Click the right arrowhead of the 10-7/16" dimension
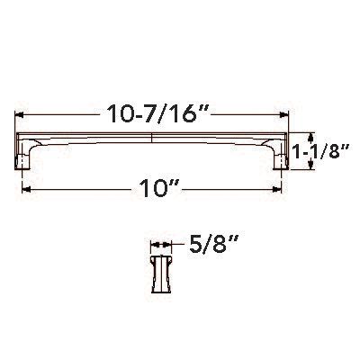coord(292,116)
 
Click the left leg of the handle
coord(26,157)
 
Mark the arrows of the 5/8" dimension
coord(159,244)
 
